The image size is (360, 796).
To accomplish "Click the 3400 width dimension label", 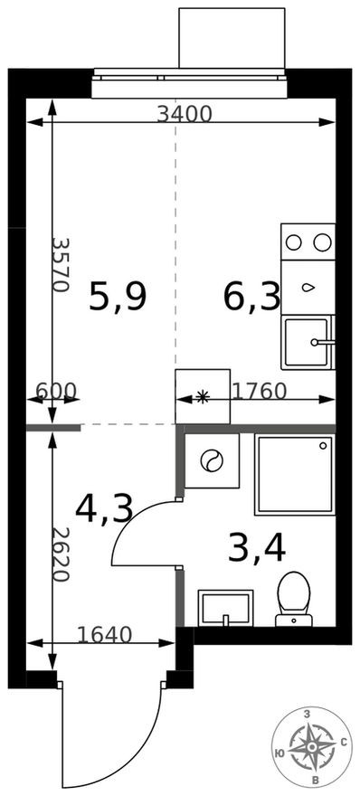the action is pyautogui.click(x=184, y=114).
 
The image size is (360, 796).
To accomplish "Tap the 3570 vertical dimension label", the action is pyautogui.click(x=61, y=264).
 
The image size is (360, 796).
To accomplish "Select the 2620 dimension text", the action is pyautogui.click(x=61, y=554).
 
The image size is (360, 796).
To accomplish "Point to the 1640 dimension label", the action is pyautogui.click(x=103, y=635).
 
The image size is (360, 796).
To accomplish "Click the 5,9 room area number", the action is pyautogui.click(x=118, y=297).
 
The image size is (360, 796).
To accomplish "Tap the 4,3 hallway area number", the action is pyautogui.click(x=104, y=508).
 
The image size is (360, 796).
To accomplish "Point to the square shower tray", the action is pyautogui.click(x=295, y=473).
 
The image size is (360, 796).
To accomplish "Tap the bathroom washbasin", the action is pyautogui.click(x=225, y=606).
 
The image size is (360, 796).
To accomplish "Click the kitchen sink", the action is pyautogui.click(x=308, y=343).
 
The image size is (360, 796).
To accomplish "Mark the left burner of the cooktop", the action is pyautogui.click(x=294, y=242).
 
